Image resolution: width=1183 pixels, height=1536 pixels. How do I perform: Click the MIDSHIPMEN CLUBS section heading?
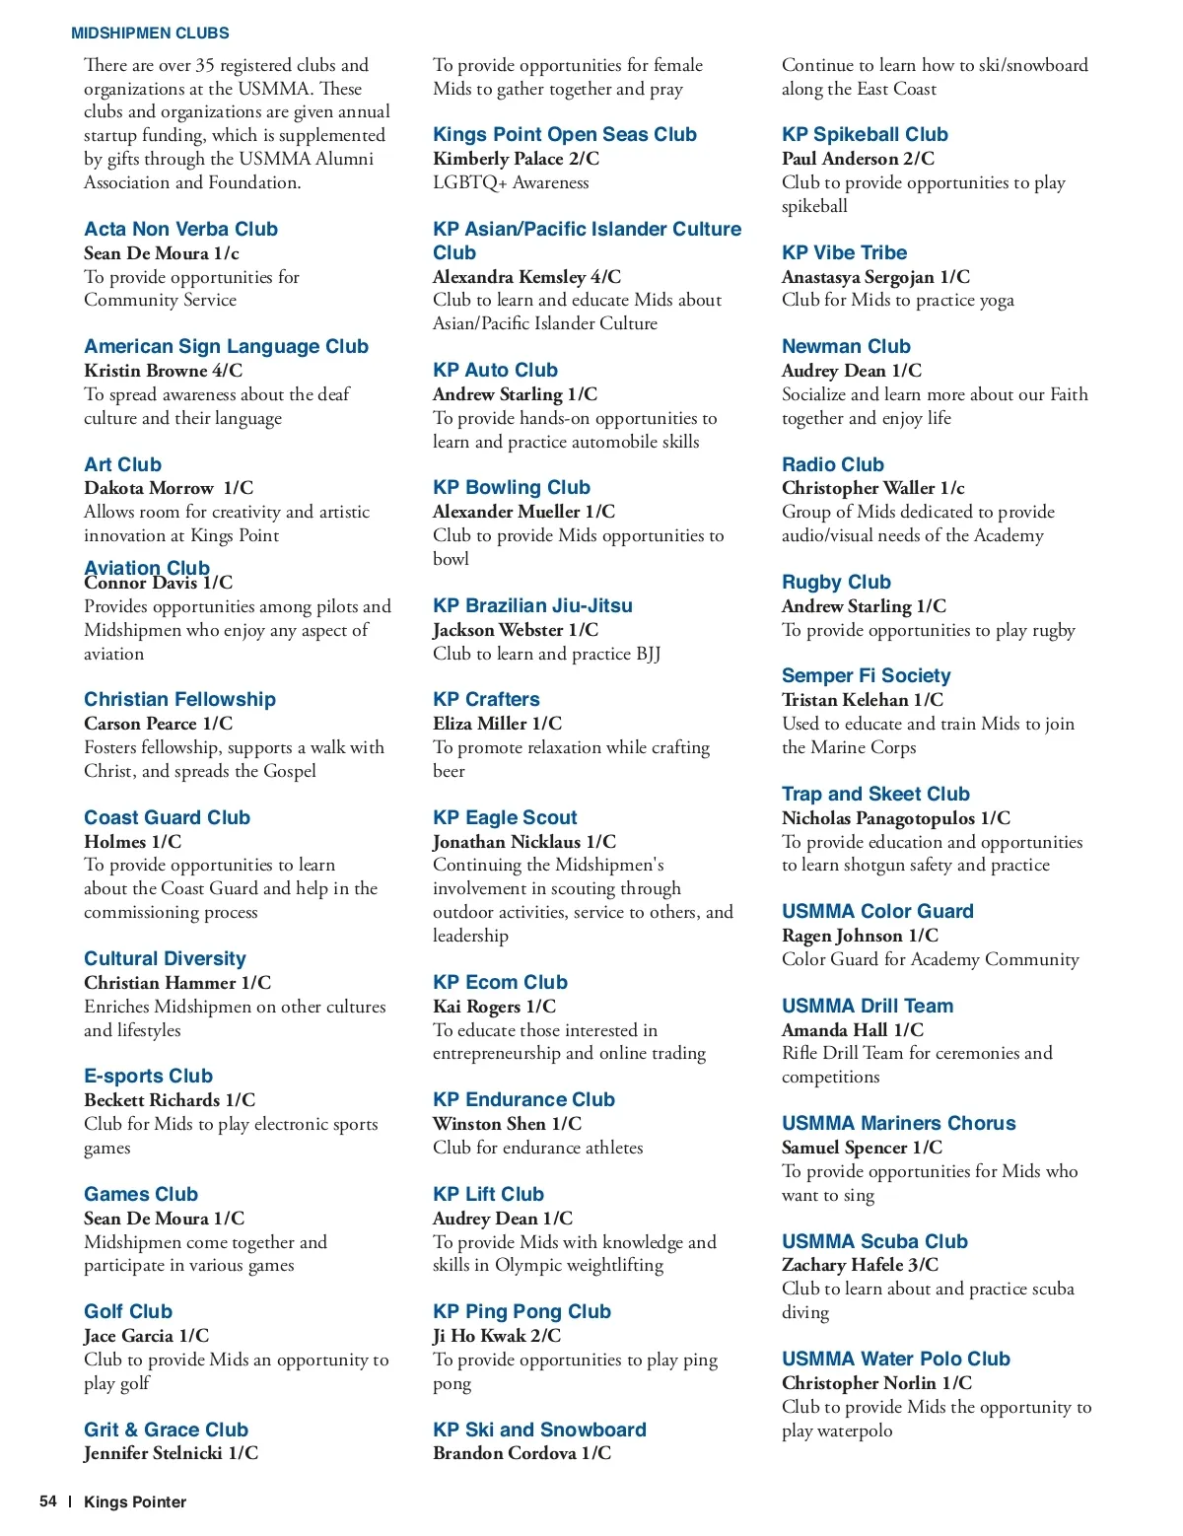pyautogui.click(x=150, y=34)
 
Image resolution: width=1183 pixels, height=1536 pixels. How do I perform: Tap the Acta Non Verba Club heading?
pyautogui.click(x=180, y=229)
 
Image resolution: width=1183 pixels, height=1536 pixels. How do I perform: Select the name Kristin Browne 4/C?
pyautogui.click(x=163, y=371)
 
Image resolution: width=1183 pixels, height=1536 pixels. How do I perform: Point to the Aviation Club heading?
pyautogui.click(x=147, y=567)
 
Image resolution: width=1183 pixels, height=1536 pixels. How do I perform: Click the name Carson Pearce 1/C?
pyautogui.click(x=158, y=724)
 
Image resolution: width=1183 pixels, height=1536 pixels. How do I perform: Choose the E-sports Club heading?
pyautogui.click(x=148, y=1076)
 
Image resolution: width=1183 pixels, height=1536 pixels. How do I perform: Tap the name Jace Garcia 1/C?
pyautogui.click(x=146, y=1336)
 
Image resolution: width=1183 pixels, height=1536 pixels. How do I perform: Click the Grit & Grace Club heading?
pyautogui.click(x=166, y=1430)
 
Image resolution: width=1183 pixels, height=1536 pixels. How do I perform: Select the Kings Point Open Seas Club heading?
pyautogui.click(x=564, y=134)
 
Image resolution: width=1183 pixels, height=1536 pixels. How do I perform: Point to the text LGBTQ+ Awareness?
pyautogui.click(x=511, y=182)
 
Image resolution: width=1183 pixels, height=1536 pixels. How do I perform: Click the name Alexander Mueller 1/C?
pyautogui.click(x=523, y=512)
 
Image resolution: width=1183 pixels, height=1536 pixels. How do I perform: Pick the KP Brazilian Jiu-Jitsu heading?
pyautogui.click(x=532, y=605)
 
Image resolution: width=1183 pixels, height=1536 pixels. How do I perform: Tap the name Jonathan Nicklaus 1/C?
pyautogui.click(x=523, y=842)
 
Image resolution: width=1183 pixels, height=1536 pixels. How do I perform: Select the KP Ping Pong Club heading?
pyautogui.click(x=522, y=1311)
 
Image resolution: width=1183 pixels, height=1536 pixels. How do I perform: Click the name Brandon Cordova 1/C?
pyautogui.click(x=522, y=1453)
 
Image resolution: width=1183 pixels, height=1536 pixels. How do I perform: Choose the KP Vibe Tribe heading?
pyautogui.click(x=844, y=252)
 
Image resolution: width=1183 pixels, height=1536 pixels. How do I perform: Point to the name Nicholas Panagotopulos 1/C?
pyautogui.click(x=895, y=818)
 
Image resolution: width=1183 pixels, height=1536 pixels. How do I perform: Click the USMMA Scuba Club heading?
pyautogui.click(x=874, y=1241)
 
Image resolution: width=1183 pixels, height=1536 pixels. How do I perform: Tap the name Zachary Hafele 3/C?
pyautogui.click(x=860, y=1265)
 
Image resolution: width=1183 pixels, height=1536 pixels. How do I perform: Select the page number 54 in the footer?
pyautogui.click(x=48, y=1501)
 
